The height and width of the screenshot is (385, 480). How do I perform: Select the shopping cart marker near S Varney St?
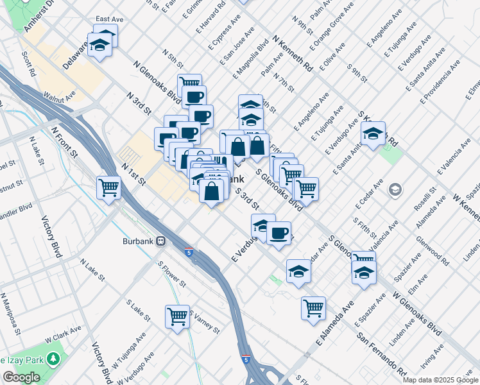177,316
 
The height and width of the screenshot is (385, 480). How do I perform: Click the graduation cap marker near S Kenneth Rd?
372,134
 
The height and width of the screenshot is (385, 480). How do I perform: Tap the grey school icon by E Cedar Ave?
395,189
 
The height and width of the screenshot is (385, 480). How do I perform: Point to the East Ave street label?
109,20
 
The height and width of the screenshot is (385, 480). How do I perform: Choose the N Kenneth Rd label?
292,53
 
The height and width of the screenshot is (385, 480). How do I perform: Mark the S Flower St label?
173,273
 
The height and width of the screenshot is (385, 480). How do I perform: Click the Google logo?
21,377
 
